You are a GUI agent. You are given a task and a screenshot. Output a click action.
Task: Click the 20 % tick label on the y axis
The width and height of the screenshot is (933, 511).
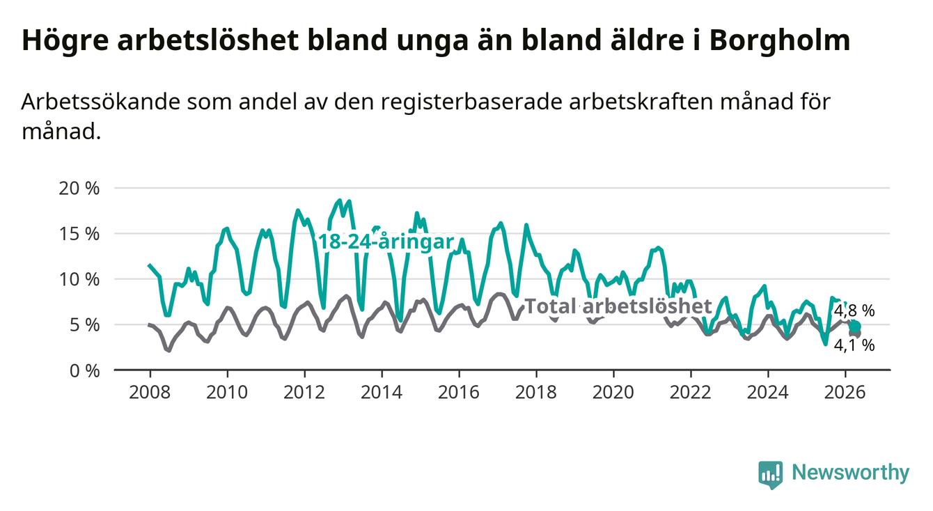[x=79, y=189]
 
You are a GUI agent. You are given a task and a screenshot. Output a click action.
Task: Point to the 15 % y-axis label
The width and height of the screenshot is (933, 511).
[x=79, y=234]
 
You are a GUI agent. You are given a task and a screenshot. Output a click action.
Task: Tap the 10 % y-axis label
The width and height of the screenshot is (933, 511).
[x=79, y=279]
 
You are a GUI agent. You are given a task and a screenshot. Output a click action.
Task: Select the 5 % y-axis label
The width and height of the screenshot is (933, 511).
[x=84, y=325]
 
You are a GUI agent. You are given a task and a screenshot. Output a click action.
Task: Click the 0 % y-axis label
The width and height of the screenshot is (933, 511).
[x=84, y=370]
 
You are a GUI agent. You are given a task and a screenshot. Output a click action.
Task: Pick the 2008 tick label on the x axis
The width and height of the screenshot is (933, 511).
[x=150, y=393]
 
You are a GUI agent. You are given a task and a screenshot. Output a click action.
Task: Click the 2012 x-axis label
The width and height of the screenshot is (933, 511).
[x=304, y=393]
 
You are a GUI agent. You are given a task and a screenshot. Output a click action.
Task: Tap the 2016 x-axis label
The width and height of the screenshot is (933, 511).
[x=459, y=393]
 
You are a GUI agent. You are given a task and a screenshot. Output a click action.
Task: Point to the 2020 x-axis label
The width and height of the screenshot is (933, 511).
[x=613, y=393]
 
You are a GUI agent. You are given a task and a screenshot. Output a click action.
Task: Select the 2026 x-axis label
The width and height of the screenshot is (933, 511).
[x=845, y=393]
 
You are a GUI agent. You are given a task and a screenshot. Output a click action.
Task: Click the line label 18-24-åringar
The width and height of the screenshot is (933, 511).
[x=386, y=242]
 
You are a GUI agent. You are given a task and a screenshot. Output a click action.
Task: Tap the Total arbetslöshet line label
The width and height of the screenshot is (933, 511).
[x=618, y=306]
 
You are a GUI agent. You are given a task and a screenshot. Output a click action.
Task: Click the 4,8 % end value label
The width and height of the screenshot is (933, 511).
[x=854, y=310]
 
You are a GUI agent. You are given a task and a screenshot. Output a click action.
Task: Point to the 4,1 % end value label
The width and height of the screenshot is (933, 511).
[x=854, y=345]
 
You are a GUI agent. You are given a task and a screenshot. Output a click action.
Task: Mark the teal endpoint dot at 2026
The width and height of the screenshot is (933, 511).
[x=855, y=327]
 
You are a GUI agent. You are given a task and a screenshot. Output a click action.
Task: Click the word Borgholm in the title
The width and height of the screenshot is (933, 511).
[x=779, y=40]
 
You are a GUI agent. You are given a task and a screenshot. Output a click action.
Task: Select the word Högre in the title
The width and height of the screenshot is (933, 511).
[x=65, y=40]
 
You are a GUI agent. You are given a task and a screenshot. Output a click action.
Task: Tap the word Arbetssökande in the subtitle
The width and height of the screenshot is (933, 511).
[x=100, y=102]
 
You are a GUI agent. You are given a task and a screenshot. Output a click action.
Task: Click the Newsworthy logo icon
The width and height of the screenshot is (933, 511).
[x=771, y=475]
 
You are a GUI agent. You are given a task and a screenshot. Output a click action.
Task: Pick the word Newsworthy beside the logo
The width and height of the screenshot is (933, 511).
[x=851, y=473]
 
